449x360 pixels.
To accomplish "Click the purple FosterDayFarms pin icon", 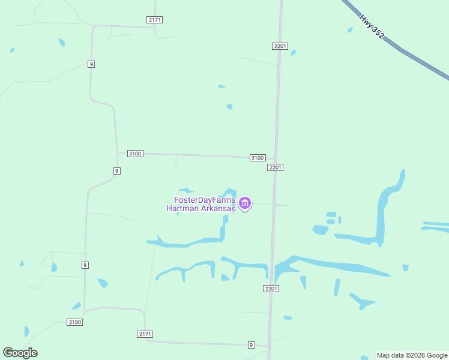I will [x=244, y=203].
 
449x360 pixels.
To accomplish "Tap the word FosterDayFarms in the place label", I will [x=205, y=200].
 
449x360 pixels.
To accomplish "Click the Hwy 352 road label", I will [x=372, y=27].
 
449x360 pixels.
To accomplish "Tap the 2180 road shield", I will [x=75, y=322].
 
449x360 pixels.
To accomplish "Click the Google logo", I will [x=20, y=353].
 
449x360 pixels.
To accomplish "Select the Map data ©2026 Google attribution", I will [x=412, y=355].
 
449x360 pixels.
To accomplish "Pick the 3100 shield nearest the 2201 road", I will [x=258, y=157].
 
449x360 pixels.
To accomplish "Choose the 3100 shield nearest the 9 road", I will [x=135, y=154].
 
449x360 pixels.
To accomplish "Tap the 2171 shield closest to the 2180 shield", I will [x=145, y=334].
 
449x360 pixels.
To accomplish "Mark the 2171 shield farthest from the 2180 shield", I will [x=154, y=20].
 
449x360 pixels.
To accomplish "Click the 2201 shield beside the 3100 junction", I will [x=275, y=167].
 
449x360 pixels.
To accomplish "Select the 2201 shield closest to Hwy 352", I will [x=280, y=46].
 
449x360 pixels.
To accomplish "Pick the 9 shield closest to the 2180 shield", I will [x=85, y=265].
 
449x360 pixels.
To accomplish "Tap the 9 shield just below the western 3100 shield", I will [x=116, y=170].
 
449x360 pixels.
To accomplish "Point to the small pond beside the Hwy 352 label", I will [x=350, y=30].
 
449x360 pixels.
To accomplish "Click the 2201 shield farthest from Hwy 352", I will [x=271, y=289].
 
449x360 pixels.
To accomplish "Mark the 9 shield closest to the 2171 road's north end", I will [x=91, y=64].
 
